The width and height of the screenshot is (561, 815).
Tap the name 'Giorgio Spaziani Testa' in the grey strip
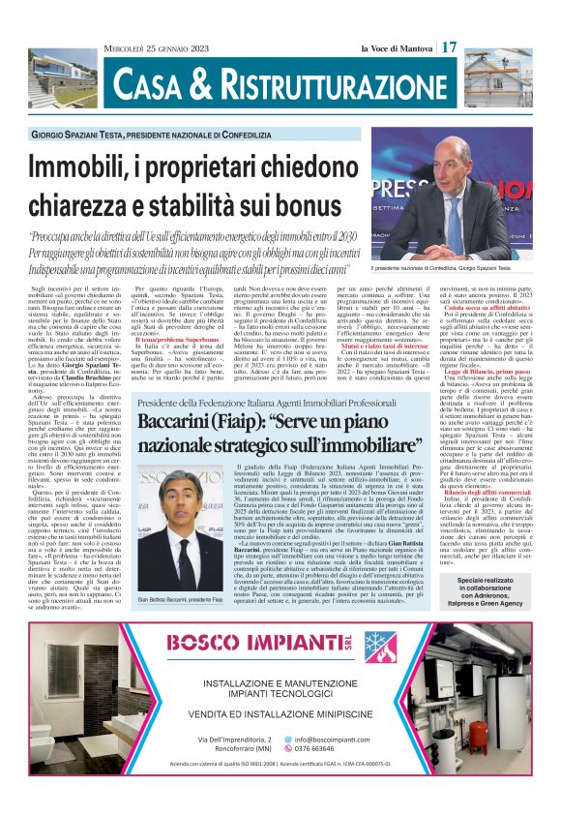pyautogui.click(x=102, y=135)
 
